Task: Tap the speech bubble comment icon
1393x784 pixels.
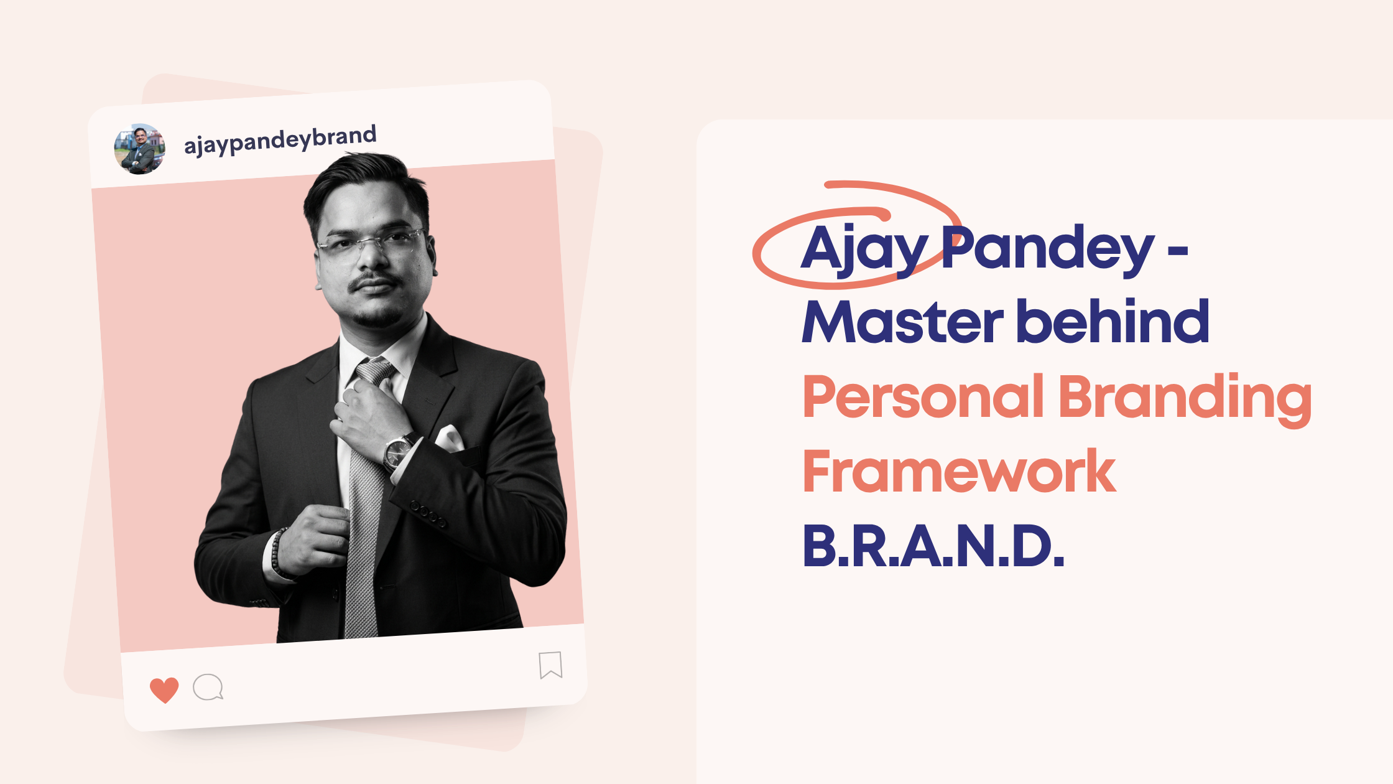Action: point(208,687)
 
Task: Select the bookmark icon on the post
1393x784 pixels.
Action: point(550,665)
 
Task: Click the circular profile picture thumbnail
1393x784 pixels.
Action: point(140,149)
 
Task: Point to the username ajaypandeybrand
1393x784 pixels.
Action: point(280,141)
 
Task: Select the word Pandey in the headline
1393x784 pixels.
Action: point(1048,249)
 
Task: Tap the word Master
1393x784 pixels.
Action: point(902,322)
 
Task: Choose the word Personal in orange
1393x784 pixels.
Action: point(923,396)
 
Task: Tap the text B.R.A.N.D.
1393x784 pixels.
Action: point(933,546)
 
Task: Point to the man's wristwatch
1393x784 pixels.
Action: point(397,451)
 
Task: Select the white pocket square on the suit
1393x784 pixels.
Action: point(450,437)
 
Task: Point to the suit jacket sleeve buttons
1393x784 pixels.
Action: point(428,513)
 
